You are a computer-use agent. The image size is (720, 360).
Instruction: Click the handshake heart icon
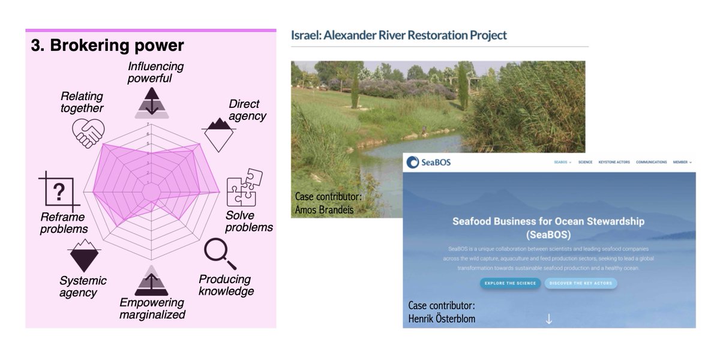point(88,132)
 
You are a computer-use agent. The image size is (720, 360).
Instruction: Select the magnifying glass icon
point(220,254)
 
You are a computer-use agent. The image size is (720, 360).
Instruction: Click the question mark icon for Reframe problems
point(58,192)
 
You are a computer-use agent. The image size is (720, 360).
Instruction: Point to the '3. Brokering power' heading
point(107,46)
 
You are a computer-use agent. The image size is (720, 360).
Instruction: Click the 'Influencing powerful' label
point(155,72)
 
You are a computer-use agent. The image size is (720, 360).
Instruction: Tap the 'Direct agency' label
point(247,110)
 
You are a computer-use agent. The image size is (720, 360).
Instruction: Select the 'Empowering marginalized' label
point(152,308)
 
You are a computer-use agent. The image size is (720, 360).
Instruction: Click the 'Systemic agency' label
point(83,286)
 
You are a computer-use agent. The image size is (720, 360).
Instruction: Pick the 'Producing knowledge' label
point(226,285)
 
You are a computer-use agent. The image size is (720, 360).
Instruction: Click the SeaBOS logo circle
point(413,163)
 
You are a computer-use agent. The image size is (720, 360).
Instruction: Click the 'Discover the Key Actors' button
point(580,283)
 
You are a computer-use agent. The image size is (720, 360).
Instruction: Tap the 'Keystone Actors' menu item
point(614,162)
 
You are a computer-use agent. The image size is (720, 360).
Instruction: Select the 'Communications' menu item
point(651,162)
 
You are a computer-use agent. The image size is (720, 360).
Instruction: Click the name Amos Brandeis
point(324,209)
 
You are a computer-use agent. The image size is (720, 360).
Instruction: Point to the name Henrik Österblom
point(442,319)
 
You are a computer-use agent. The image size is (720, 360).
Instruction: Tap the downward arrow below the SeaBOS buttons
point(548,319)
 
